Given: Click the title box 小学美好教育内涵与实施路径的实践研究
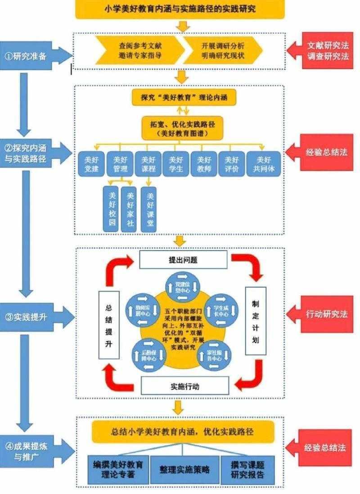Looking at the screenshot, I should tap(180, 9).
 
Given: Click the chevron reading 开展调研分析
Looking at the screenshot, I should tap(221, 50).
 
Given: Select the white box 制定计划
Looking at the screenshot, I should tap(255, 321).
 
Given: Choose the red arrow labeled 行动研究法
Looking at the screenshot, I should tap(325, 314).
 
